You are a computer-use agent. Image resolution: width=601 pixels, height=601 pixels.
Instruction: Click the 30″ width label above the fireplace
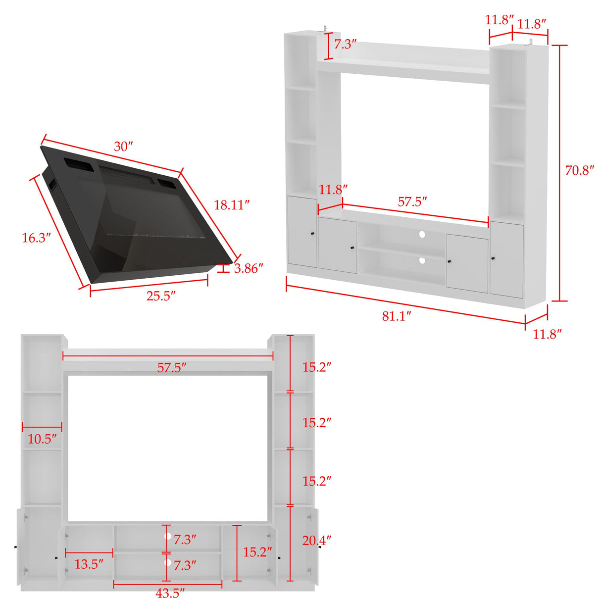(x=123, y=147)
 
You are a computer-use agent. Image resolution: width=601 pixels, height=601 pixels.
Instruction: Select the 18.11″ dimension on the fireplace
(x=231, y=204)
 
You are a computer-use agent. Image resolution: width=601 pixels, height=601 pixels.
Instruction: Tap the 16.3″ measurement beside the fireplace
(x=36, y=238)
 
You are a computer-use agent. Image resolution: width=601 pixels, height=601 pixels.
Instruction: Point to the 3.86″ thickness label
(x=249, y=268)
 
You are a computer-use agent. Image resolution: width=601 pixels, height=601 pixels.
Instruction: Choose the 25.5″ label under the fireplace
(x=161, y=296)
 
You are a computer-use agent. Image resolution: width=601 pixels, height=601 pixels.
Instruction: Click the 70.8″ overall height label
(x=580, y=170)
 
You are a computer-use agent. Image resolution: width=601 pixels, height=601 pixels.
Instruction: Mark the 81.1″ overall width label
(x=397, y=316)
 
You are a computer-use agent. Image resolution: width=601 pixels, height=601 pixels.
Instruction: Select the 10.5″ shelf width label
(x=42, y=439)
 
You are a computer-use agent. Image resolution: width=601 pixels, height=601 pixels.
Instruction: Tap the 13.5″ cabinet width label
(x=89, y=564)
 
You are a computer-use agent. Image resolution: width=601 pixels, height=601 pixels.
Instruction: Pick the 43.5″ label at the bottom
(x=170, y=593)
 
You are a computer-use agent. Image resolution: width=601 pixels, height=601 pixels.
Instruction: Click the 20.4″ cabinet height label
(x=317, y=540)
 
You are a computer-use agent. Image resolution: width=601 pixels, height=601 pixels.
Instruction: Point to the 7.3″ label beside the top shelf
(x=345, y=44)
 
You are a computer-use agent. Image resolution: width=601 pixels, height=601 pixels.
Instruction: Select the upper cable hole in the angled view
(x=422, y=234)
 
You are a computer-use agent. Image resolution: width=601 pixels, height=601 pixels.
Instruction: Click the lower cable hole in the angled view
(x=422, y=260)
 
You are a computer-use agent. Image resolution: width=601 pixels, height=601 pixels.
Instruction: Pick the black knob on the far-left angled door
(x=312, y=233)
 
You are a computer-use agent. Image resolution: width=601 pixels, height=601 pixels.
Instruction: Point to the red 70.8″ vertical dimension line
(x=560, y=173)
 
